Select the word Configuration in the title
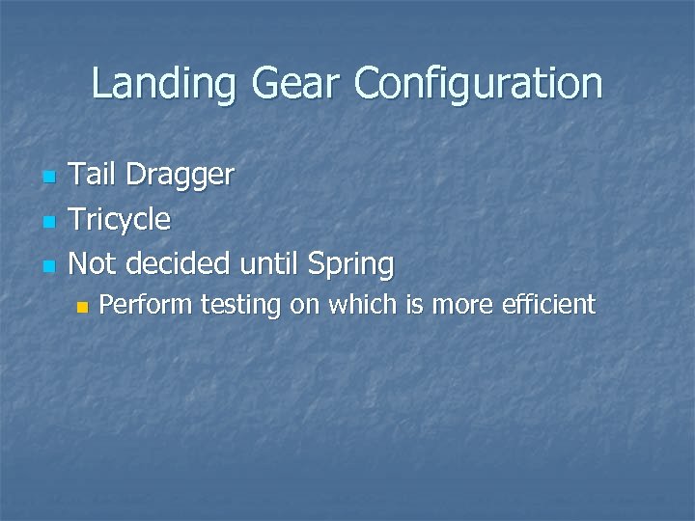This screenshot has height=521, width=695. [x=478, y=84]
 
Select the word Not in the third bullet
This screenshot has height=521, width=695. [x=94, y=262]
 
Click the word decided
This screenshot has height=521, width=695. [x=179, y=262]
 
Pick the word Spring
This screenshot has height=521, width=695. [x=350, y=264]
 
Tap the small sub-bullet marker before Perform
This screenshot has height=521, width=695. [x=82, y=307]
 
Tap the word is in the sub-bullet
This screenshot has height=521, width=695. [x=415, y=305]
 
